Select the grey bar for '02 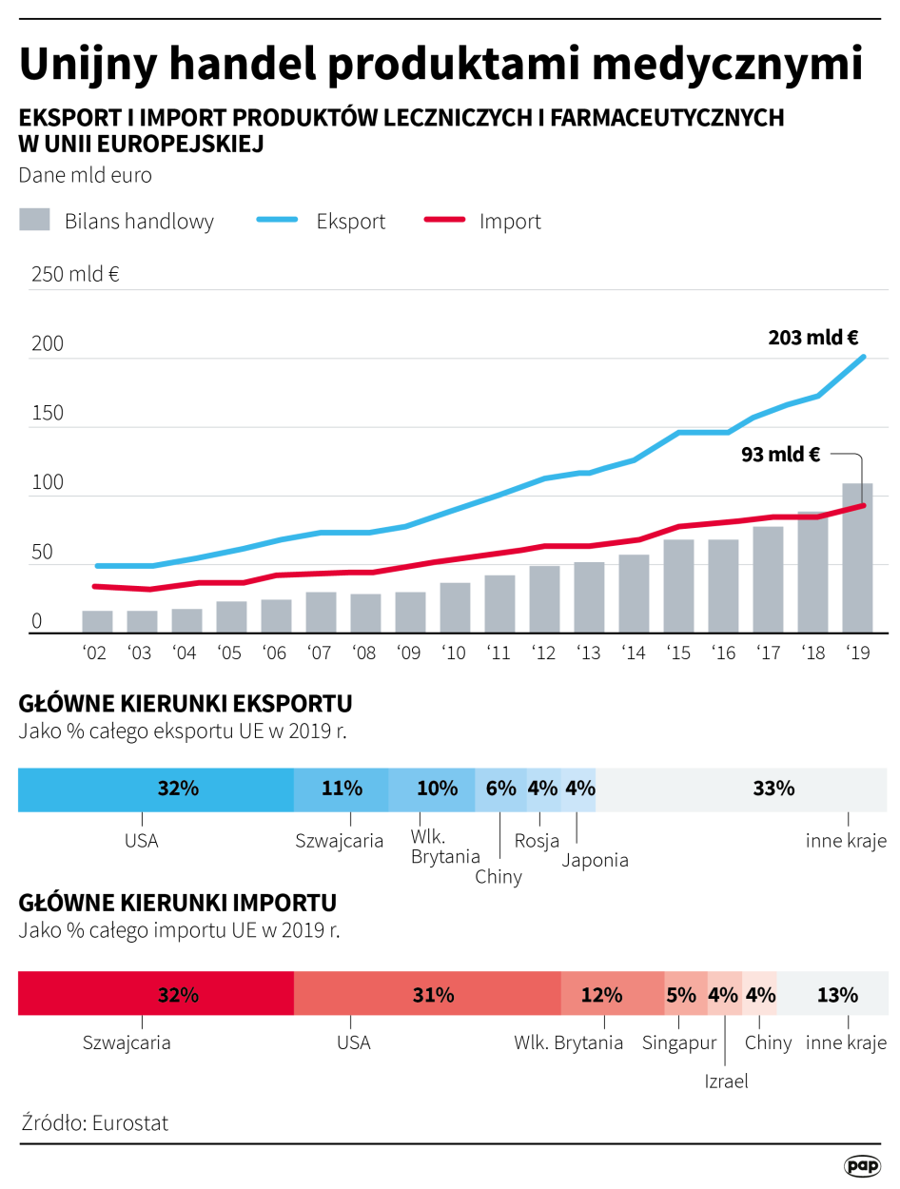click(97, 622)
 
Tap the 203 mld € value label click(813, 337)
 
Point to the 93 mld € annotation click(780, 455)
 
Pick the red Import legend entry click(510, 222)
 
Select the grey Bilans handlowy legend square click(34, 220)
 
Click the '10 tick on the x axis click(454, 653)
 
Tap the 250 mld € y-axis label click(75, 275)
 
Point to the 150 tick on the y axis click(48, 414)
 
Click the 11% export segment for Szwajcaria click(341, 789)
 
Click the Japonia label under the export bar click(595, 860)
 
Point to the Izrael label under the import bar click(726, 1082)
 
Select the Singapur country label click(679, 1043)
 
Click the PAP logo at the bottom click(862, 1164)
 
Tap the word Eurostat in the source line click(130, 1122)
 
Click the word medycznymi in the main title click(723, 65)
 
